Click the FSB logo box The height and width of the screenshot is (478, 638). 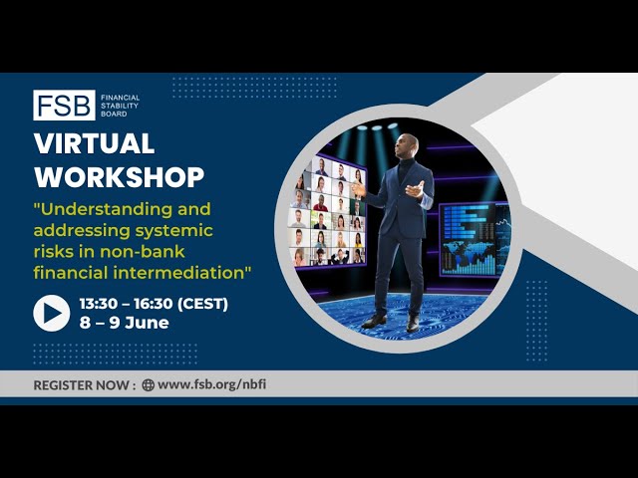pyautogui.click(x=64, y=105)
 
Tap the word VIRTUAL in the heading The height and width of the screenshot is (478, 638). pyautogui.click(x=95, y=143)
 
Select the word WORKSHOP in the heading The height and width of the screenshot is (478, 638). pyautogui.click(x=120, y=177)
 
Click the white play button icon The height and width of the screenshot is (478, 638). pyautogui.click(x=52, y=313)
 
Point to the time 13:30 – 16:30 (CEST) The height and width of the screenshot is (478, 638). pyautogui.click(x=154, y=304)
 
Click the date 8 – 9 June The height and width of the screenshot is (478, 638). pyautogui.click(x=124, y=323)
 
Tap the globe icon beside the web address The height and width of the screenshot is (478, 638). pyautogui.click(x=148, y=385)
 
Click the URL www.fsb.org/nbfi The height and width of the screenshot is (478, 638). pyautogui.click(x=212, y=384)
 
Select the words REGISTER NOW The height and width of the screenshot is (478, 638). pyautogui.click(x=81, y=385)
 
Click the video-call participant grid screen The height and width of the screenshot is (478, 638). pyautogui.click(x=327, y=211)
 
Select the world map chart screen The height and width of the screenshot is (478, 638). pyautogui.click(x=475, y=239)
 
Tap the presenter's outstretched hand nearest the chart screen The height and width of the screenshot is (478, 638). pyautogui.click(x=416, y=190)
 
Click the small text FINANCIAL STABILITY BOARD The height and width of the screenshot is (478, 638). pyautogui.click(x=120, y=106)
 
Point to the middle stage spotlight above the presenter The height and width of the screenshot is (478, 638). pyautogui.click(x=377, y=127)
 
